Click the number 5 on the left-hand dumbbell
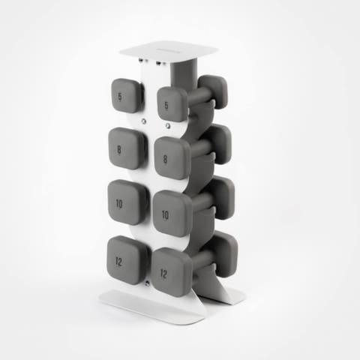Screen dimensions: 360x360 pyautogui.click(x=121, y=97)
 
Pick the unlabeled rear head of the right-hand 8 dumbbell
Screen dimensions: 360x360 pyautogui.click(x=218, y=142)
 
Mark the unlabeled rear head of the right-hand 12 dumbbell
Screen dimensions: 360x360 pyautogui.click(x=223, y=253)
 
